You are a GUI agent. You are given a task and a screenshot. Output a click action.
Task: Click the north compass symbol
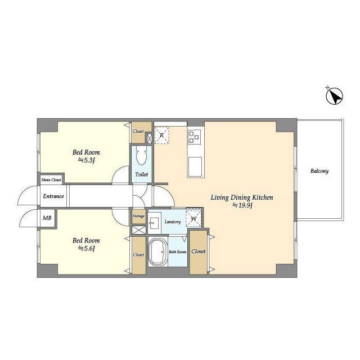[x=335, y=96]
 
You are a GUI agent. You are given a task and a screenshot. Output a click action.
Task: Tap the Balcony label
[x=319, y=171]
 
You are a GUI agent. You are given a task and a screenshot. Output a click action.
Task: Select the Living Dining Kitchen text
[x=242, y=197]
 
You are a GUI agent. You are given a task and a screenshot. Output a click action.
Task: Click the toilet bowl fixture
[x=141, y=155]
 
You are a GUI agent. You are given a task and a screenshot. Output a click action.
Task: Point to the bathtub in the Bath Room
[x=158, y=251]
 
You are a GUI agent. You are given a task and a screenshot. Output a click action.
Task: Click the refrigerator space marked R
[x=161, y=136]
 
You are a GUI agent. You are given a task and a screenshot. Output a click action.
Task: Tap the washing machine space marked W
[x=193, y=219]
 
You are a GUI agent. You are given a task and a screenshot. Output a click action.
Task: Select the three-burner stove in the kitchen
[x=194, y=137]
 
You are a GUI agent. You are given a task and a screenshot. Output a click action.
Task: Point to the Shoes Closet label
[x=51, y=180]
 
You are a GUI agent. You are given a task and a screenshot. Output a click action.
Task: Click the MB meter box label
[x=47, y=218]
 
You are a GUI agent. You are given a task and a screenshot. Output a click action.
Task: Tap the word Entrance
[x=53, y=196]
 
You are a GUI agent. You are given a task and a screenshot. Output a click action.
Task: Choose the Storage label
[x=138, y=216]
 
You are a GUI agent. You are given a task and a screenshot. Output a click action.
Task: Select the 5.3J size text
[x=86, y=160]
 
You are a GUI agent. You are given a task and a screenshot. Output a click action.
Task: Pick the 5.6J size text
[x=86, y=248]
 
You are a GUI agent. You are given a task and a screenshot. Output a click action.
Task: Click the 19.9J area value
[x=242, y=205]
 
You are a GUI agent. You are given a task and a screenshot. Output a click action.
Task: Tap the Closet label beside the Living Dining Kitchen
[x=199, y=251]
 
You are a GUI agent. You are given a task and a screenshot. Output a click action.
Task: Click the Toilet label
[x=141, y=174]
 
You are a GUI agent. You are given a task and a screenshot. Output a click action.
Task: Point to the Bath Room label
[x=178, y=252]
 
